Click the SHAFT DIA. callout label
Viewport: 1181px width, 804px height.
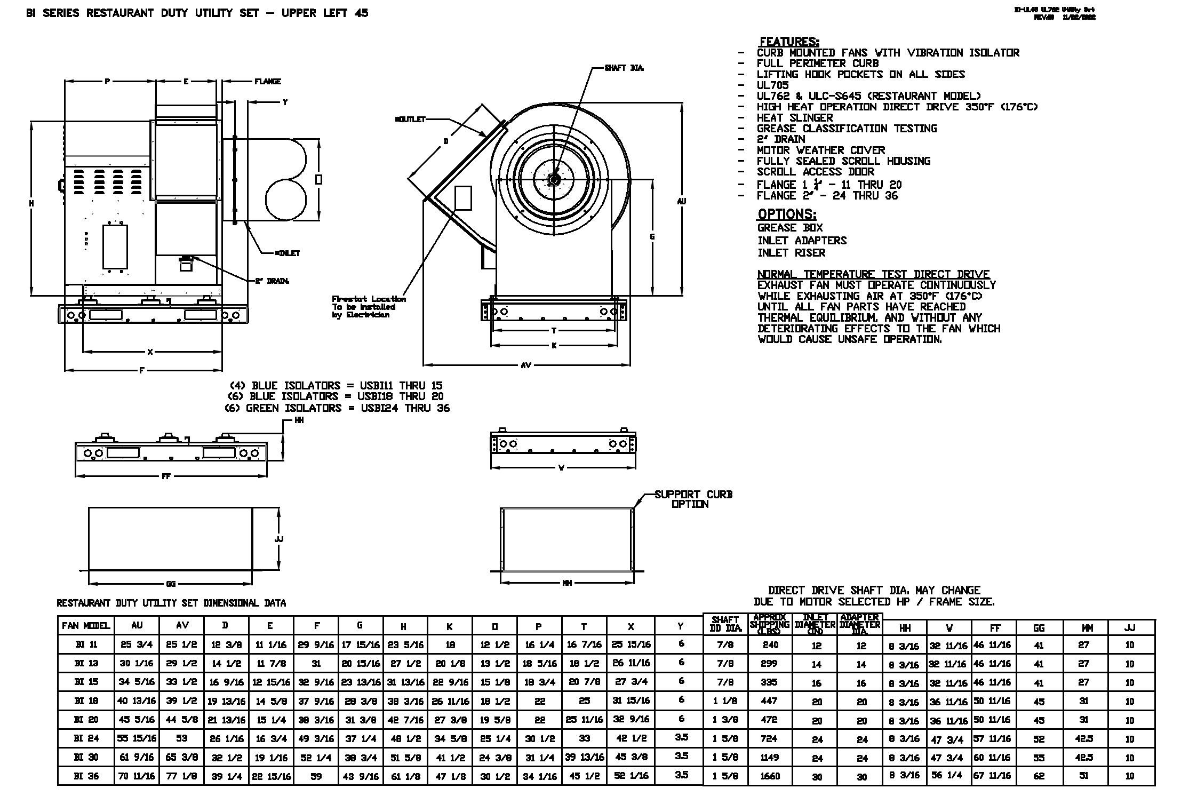click(x=624, y=68)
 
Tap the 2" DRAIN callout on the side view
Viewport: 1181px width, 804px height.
click(x=272, y=281)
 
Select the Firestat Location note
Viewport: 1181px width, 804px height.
click(x=368, y=307)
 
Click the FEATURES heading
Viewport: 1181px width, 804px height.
click(x=789, y=42)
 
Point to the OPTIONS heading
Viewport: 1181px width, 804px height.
click(x=787, y=214)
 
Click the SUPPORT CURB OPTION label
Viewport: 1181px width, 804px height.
click(x=693, y=499)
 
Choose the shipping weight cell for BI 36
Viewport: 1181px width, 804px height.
click(x=770, y=776)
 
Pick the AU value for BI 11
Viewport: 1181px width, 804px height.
click(x=137, y=644)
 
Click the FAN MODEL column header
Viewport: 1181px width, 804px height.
click(x=86, y=626)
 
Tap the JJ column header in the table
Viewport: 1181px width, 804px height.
click(x=1129, y=628)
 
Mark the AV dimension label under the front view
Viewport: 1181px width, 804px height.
click(x=526, y=365)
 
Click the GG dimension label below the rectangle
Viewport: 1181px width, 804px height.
click(x=171, y=584)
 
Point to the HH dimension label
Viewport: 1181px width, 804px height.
click(x=299, y=420)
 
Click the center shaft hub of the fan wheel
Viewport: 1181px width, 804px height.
click(x=554, y=179)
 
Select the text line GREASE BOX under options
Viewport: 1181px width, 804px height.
click(x=790, y=228)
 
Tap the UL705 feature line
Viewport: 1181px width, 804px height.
click(x=772, y=85)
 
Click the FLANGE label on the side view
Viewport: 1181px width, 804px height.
click(x=268, y=82)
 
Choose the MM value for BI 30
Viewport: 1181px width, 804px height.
click(x=1084, y=758)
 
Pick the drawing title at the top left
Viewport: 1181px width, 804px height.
click(x=197, y=13)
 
